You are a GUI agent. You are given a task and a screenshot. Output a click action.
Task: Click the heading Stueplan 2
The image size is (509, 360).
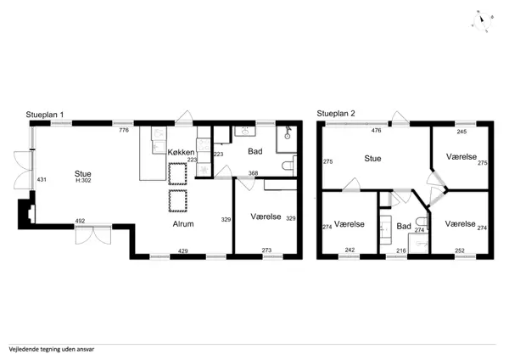click(x=337, y=113)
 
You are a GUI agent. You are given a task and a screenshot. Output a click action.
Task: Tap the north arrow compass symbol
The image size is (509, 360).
click(x=481, y=20)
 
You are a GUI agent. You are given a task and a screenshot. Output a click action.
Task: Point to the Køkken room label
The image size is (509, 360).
click(x=182, y=152)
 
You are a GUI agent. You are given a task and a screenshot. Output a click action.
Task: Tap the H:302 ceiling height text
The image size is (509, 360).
click(x=83, y=180)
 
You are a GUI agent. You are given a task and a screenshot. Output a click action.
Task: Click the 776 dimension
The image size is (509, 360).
click(x=123, y=131)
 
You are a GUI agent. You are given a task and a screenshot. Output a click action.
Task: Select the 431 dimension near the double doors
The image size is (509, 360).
click(x=42, y=180)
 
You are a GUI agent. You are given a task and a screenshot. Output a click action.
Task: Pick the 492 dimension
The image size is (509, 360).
click(x=81, y=222)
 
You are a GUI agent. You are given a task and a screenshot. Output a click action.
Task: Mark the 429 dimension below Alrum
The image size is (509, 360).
click(x=182, y=250)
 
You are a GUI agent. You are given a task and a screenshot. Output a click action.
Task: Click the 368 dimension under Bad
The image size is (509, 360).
click(x=253, y=173)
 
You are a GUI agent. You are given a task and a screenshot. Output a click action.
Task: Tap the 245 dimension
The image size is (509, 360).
click(x=461, y=132)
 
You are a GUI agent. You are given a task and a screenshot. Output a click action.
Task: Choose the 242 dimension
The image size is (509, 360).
click(x=350, y=250)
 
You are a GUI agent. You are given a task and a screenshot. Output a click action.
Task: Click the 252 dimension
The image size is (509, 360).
click(x=460, y=250)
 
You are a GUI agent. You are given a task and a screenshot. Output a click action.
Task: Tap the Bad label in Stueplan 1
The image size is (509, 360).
click(x=255, y=152)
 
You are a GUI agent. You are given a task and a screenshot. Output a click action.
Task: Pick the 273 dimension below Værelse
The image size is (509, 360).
click(x=266, y=250)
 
